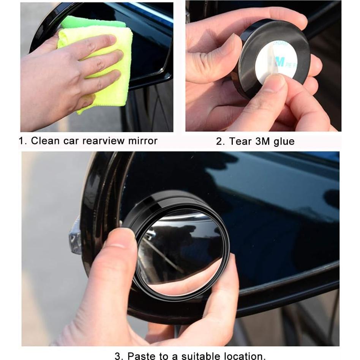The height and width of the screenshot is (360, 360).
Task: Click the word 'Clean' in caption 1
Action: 45,141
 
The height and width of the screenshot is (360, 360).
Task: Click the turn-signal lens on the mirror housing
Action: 75,239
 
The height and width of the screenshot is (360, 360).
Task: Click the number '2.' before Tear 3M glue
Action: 221,142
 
